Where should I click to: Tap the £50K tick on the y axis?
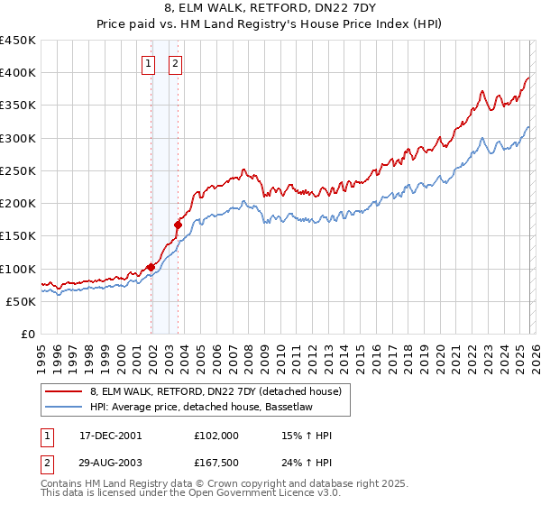(22, 301)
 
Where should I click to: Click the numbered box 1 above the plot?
(147, 63)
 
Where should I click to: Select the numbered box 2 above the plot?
(174, 63)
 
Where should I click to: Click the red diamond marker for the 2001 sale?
(151, 267)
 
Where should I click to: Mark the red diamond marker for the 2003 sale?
(178, 225)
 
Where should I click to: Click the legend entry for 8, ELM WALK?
(215, 391)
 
